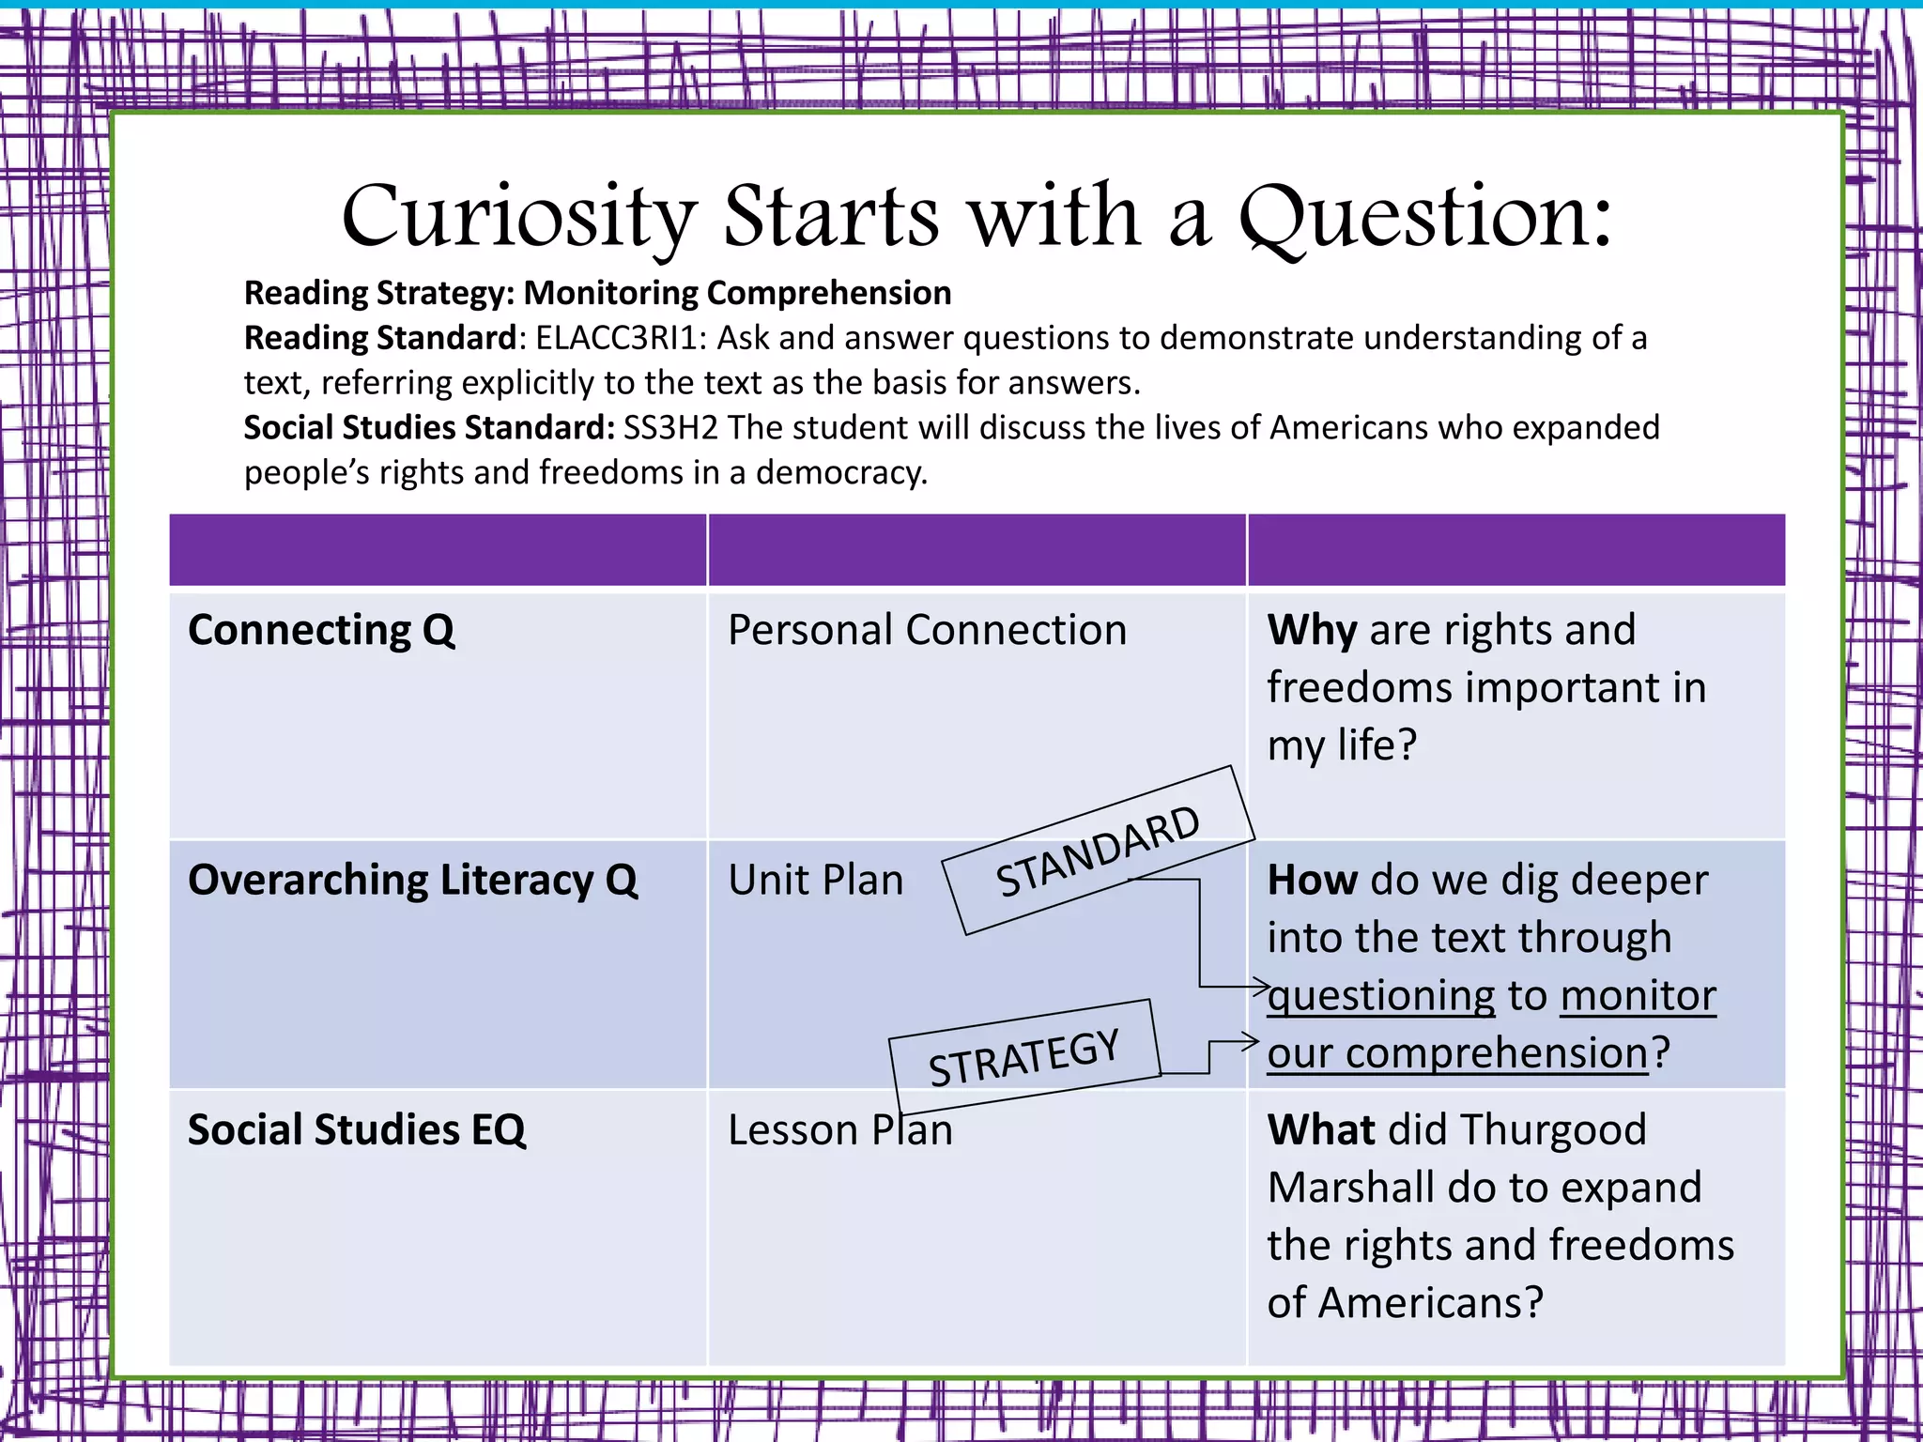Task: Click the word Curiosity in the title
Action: pos(519,218)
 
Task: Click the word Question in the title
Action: pos(1423,218)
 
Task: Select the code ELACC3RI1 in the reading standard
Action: pos(620,338)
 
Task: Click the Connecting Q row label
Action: pos(321,630)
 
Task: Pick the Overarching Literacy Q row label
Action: pos(412,881)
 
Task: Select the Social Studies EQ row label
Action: pos(357,1130)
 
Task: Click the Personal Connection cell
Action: pos(927,630)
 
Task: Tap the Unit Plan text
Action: pos(815,881)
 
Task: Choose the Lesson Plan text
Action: pos(840,1130)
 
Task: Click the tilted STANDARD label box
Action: pos(1099,851)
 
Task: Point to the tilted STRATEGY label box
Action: pos(1024,1056)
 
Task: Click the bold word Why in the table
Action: pos(1312,630)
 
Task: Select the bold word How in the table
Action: pos(1312,881)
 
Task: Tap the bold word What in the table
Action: pos(1321,1130)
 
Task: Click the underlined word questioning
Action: pos(1380,997)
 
